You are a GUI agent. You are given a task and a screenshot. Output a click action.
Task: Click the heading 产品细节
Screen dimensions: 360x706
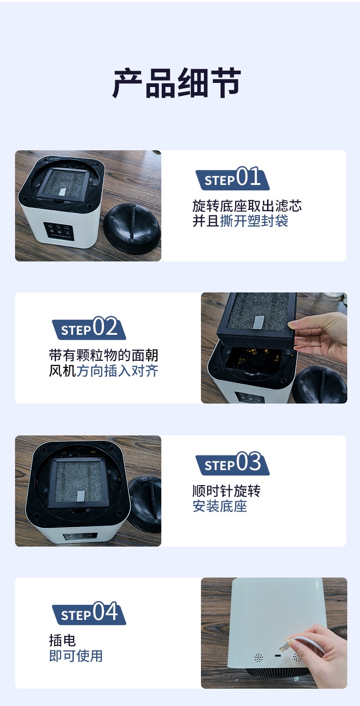tap(177, 83)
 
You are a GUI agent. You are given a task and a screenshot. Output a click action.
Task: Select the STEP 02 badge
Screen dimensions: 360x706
tap(89, 328)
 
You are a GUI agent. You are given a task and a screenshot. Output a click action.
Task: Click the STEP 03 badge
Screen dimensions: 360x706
tap(233, 463)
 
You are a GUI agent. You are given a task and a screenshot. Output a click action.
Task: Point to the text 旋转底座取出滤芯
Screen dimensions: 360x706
tap(247, 206)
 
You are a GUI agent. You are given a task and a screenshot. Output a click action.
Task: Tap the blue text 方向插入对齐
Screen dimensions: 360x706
tap(117, 371)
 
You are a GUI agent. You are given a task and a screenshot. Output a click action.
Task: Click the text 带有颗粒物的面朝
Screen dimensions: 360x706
tap(103, 356)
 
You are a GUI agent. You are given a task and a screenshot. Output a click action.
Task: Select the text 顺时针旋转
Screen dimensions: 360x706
tap(226, 491)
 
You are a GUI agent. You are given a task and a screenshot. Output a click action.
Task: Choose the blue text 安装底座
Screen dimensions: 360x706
tap(220, 506)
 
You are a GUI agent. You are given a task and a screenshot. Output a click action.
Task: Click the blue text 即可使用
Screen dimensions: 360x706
tap(76, 656)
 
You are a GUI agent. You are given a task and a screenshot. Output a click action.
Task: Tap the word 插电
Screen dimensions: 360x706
tap(62, 640)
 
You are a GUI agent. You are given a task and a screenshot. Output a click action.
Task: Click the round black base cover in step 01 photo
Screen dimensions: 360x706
tap(133, 228)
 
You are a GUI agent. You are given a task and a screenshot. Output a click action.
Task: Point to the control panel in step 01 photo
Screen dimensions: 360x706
tap(59, 231)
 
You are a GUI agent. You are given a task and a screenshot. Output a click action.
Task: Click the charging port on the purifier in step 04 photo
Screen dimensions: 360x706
tap(278, 656)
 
